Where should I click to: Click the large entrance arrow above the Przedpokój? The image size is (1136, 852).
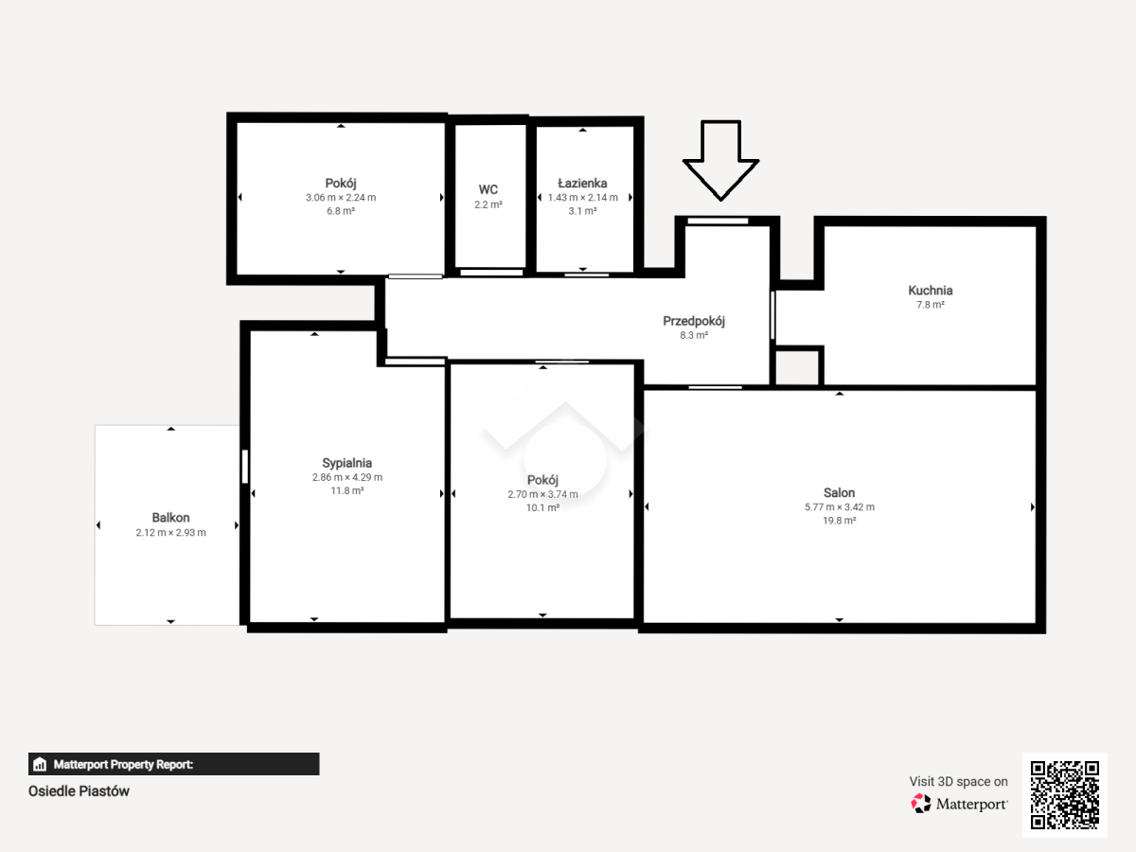[x=720, y=160]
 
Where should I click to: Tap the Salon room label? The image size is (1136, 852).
[x=839, y=493]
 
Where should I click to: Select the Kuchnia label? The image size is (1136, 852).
[x=930, y=291]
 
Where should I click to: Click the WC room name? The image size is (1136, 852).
[x=488, y=190]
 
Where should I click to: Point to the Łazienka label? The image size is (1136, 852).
[x=582, y=183]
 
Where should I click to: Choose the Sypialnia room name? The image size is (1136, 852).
[x=346, y=463]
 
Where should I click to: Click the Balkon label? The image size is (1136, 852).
[x=170, y=518]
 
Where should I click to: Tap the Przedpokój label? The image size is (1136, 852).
[x=694, y=321]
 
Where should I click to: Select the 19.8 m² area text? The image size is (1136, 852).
[x=839, y=521]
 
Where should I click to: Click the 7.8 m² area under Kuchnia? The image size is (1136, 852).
[x=930, y=305]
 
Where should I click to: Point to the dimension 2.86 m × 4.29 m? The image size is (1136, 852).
[x=346, y=477]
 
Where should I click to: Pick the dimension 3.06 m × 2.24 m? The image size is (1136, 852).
[x=341, y=197]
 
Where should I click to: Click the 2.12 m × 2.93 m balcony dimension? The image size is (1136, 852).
[x=170, y=532]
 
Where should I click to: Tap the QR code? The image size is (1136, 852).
[x=1065, y=794]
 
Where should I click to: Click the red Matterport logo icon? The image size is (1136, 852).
[x=921, y=804]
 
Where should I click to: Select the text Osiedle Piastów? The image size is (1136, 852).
[x=79, y=791]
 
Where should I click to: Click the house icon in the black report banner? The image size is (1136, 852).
[x=40, y=764]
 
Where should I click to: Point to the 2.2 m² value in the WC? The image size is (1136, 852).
[x=488, y=204]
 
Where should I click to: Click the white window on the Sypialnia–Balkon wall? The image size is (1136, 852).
[x=245, y=467]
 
